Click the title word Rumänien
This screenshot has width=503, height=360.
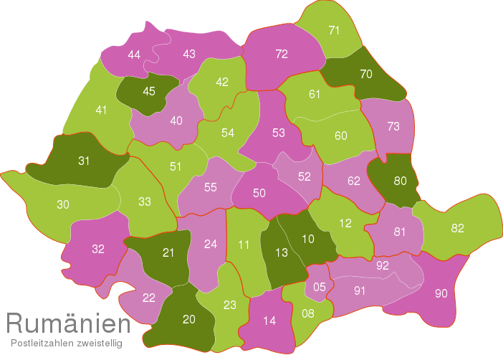pyautogui.click(x=68, y=324)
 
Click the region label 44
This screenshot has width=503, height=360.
pyautogui.click(x=134, y=55)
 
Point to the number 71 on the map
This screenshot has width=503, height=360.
pyautogui.click(x=334, y=30)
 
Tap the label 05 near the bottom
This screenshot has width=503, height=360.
pyautogui.click(x=320, y=288)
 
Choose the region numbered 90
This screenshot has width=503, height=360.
pyautogui.click(x=441, y=293)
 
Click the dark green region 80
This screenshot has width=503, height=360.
pyautogui.click(x=400, y=181)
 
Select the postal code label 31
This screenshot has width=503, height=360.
pyautogui.click(x=84, y=161)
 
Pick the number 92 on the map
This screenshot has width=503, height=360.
pyautogui.click(x=383, y=265)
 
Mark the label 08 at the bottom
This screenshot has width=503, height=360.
pyautogui.click(x=308, y=313)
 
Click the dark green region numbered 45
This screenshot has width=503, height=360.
pyautogui.click(x=149, y=91)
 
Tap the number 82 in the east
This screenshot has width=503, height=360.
pyautogui.click(x=458, y=229)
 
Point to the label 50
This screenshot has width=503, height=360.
pyautogui.click(x=259, y=193)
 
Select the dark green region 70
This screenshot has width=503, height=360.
pyautogui.click(x=366, y=74)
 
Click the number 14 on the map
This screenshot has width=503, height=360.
pyautogui.click(x=269, y=321)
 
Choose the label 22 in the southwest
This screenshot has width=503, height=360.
pyautogui.click(x=149, y=298)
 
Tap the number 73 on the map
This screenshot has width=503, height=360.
pyautogui.click(x=393, y=127)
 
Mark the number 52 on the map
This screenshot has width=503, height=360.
pyautogui.click(x=305, y=176)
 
